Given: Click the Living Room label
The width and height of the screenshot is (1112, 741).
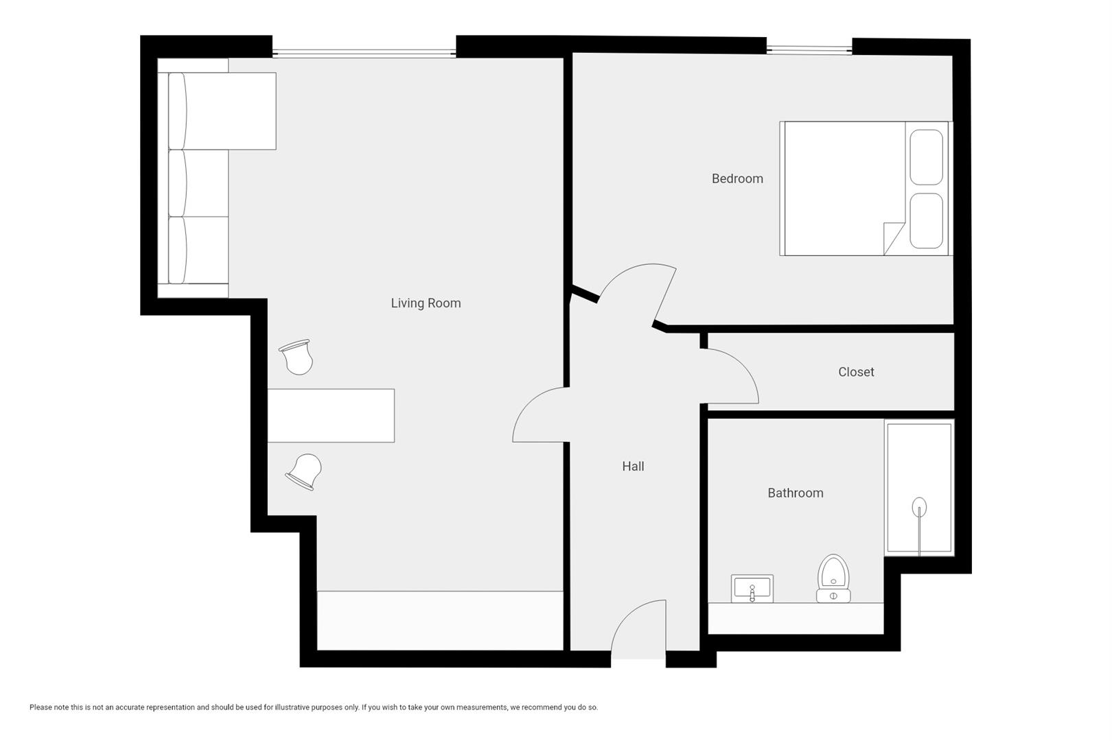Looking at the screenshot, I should tap(426, 303).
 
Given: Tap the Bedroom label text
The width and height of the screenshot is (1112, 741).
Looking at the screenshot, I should tap(737, 179).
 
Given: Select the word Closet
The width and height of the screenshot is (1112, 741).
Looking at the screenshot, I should tap(856, 372).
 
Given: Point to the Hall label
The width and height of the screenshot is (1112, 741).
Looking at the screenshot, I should tap(633, 467).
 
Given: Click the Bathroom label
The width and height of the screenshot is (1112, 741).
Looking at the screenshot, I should tap(795, 493).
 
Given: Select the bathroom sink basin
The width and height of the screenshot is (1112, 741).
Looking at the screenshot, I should tap(752, 588).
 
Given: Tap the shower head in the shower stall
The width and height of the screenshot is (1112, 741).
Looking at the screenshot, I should tap(919, 507).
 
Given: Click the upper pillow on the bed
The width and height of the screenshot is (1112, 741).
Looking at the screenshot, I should tap(926, 157).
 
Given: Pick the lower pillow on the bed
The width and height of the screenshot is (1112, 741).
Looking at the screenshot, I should tap(926, 220).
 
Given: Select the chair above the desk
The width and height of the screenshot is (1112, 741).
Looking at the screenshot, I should tap(297, 357).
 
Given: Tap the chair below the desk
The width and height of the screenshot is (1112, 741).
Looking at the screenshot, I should tap(305, 471).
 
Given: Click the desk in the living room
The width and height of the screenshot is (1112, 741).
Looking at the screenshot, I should tap(331, 415).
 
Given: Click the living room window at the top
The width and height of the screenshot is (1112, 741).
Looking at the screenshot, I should tap(364, 53).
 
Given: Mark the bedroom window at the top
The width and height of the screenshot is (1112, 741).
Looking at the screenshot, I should tap(809, 49).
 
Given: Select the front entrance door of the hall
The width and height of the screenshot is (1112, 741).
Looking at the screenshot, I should tap(638, 628).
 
